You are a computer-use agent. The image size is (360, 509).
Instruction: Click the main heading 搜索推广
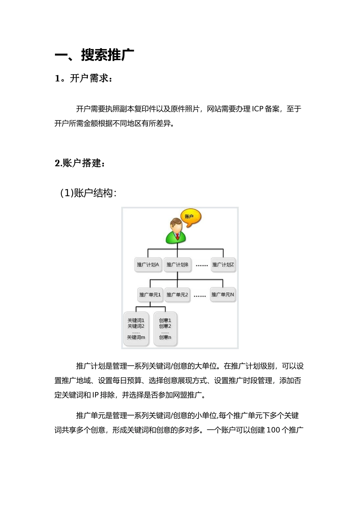(108, 55)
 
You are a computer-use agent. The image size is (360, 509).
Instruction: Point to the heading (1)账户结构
(88, 193)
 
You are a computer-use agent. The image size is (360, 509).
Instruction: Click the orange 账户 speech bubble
(190, 217)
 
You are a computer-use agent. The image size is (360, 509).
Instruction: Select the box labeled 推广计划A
(148, 265)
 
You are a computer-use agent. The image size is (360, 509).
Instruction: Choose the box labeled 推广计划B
(177, 265)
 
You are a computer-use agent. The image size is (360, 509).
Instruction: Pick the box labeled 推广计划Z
(223, 265)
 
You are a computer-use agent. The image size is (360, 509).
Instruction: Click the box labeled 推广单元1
(150, 294)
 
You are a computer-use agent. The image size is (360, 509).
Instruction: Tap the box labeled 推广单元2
(177, 294)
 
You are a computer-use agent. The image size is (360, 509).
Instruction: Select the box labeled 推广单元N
(223, 294)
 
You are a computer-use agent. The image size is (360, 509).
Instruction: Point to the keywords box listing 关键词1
(136, 328)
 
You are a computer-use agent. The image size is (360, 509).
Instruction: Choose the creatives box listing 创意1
(165, 328)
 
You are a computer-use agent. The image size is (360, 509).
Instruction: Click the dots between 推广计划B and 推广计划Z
(202, 266)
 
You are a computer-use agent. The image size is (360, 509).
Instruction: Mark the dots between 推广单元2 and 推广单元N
(200, 296)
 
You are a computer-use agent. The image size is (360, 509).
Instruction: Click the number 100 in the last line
(274, 430)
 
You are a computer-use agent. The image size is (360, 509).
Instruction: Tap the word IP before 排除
(95, 395)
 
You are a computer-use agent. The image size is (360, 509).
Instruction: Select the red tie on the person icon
(177, 237)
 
